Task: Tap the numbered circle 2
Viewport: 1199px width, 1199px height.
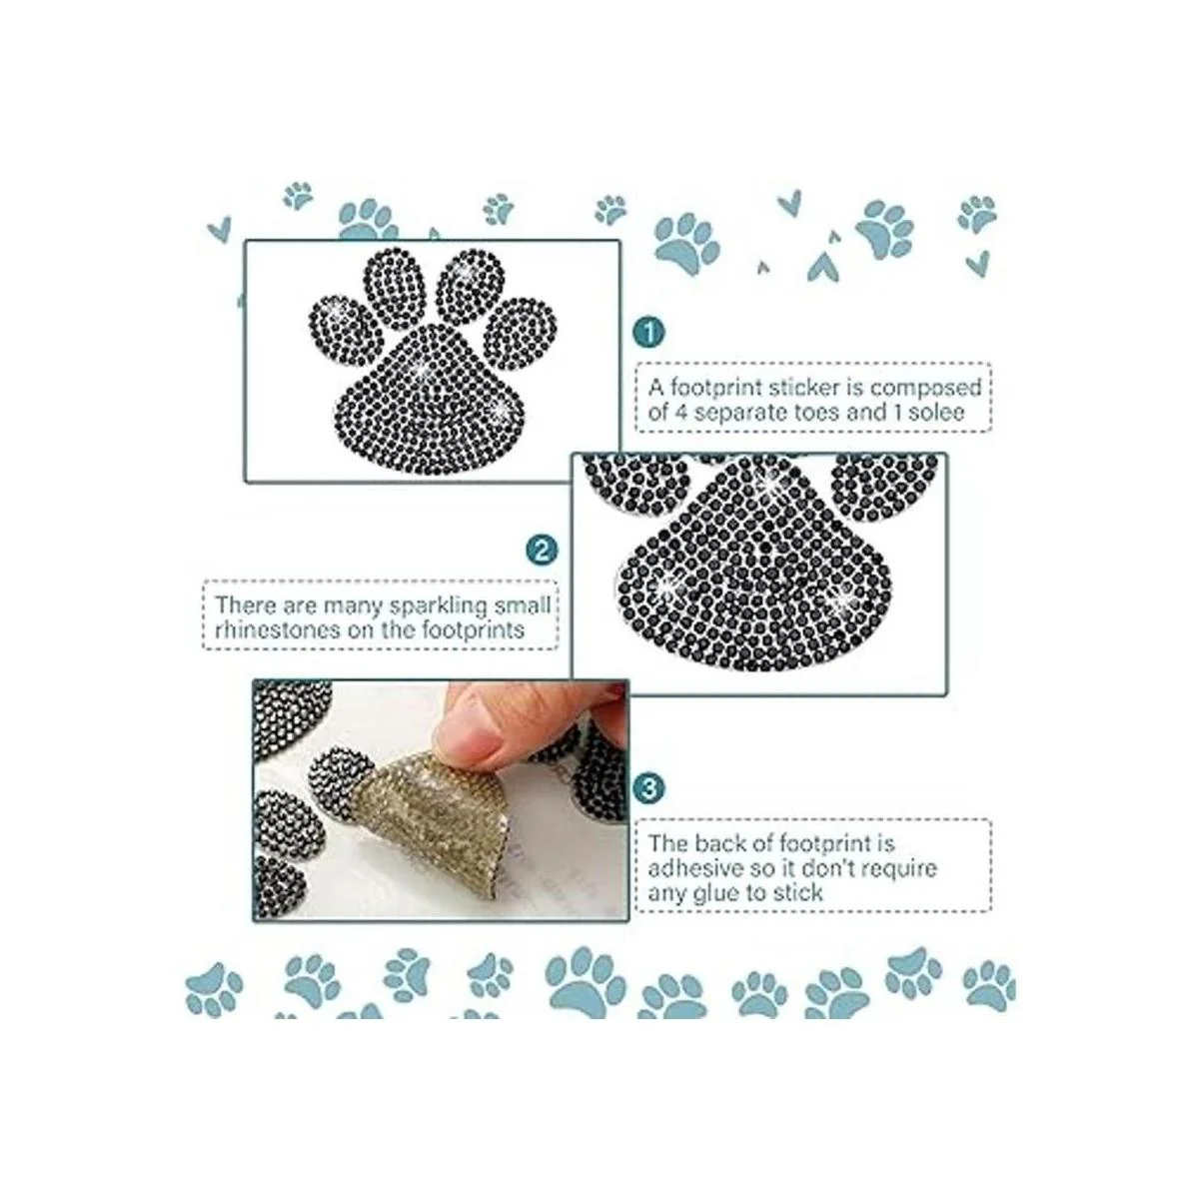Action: [x=542, y=550]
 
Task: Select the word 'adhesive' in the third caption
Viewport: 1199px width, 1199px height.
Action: [x=691, y=867]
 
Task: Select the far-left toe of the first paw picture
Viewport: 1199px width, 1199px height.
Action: [x=346, y=331]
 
